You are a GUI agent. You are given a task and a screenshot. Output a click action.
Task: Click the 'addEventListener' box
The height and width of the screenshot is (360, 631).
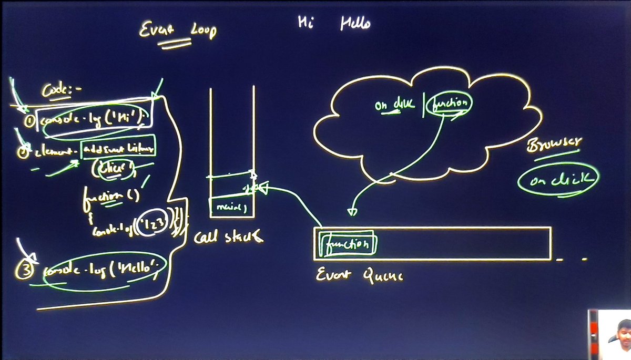pos(119,150)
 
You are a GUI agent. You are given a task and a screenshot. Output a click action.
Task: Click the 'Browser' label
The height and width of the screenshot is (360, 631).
pos(554,145)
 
